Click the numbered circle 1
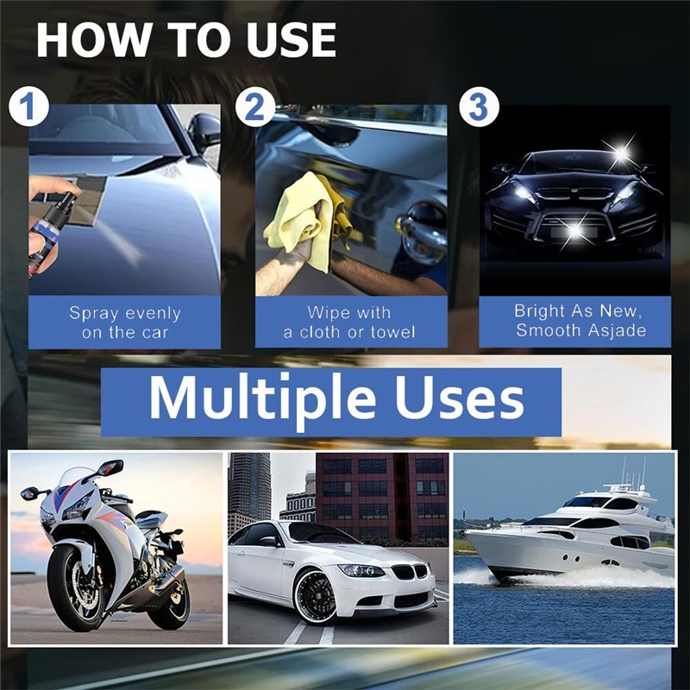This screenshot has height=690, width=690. point(28,107)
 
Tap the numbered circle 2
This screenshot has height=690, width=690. point(255,107)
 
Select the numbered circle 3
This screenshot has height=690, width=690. point(480,107)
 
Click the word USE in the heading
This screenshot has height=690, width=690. point(291,40)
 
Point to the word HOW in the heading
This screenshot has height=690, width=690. point(94,40)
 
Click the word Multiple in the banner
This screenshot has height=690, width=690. point(263,399)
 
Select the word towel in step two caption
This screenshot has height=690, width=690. point(393,332)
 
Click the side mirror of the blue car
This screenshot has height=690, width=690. point(204,131)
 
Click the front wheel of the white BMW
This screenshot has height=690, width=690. point(315,596)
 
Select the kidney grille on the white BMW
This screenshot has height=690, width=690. point(410,572)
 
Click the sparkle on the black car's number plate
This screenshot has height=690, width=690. point(574,229)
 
